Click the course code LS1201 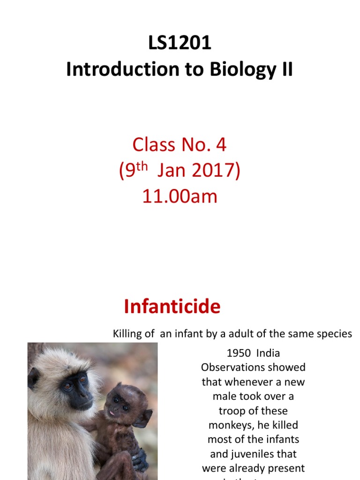tap(180, 44)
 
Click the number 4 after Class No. tap(221, 145)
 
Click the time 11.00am tap(180, 196)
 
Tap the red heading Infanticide tap(172, 307)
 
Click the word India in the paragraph tap(268, 352)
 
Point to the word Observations tap(253, 367)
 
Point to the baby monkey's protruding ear tap(144, 417)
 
